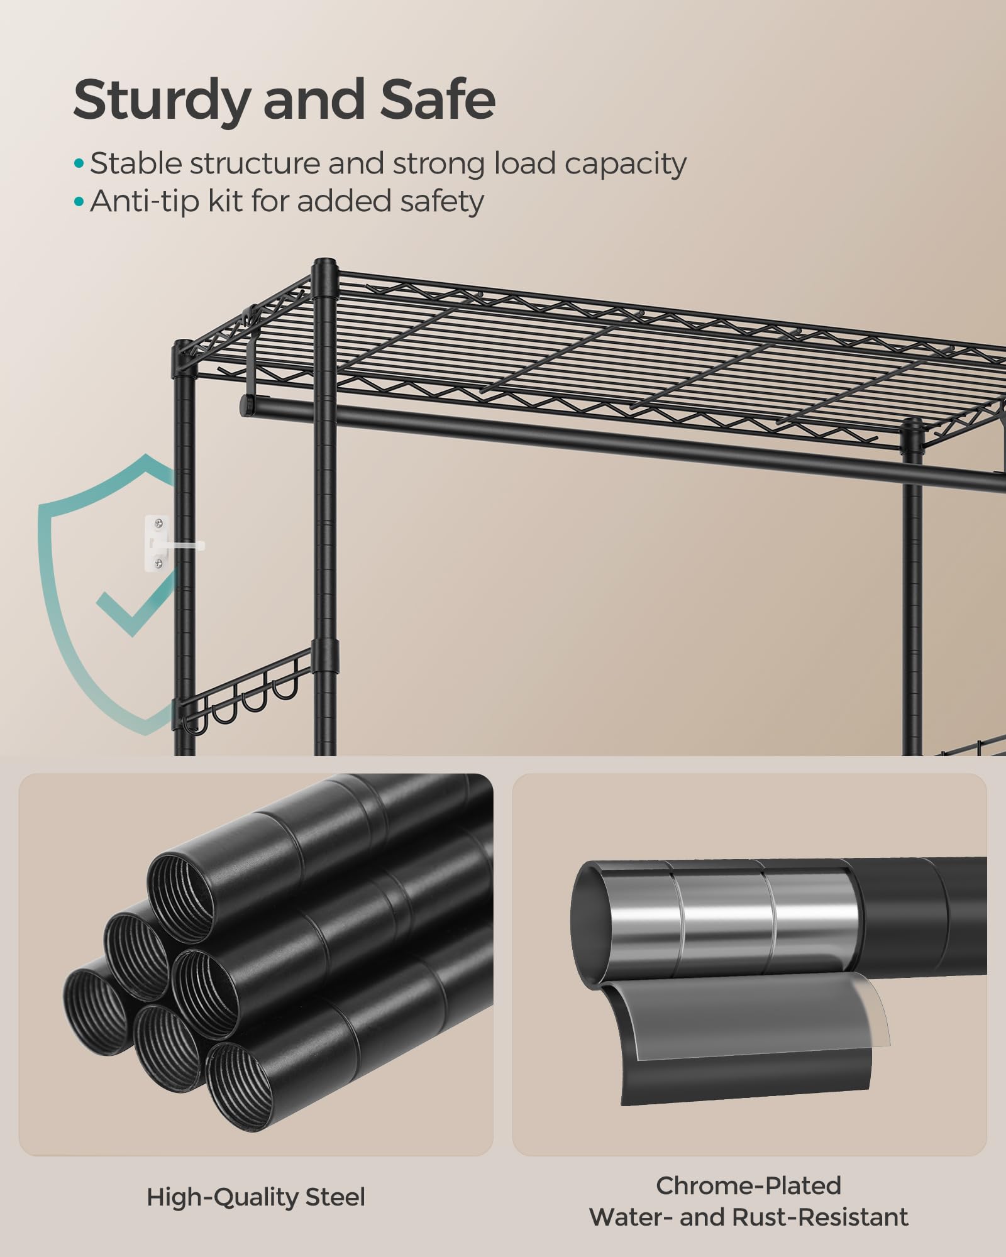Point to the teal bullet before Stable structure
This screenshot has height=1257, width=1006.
coord(79,164)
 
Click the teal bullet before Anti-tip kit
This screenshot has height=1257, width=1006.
coord(79,202)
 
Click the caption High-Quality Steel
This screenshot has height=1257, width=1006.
coord(255,1197)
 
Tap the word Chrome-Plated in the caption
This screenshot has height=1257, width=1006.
coord(748,1186)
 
